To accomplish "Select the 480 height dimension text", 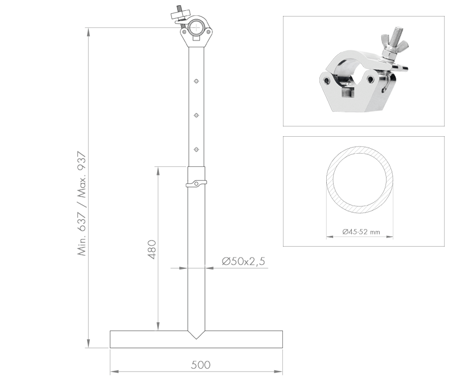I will [151, 249].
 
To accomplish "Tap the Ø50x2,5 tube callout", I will [244, 261].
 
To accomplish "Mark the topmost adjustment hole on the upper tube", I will [196, 81].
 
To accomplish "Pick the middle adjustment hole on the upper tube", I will [196, 115].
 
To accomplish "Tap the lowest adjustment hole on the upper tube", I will [196, 149].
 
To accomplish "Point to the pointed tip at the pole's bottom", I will [196, 337].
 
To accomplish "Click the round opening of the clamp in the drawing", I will [197, 27].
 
